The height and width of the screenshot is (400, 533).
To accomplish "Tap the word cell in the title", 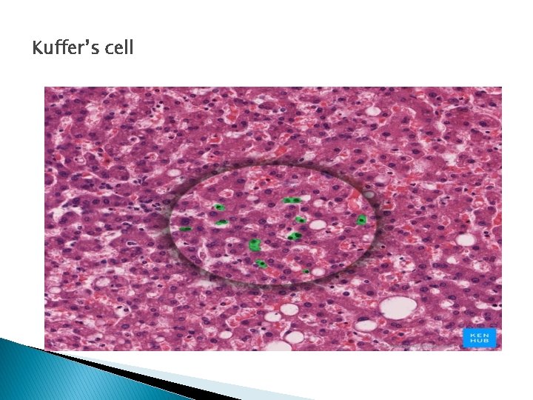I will click(118, 49).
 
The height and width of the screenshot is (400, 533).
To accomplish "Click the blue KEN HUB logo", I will click(478, 338).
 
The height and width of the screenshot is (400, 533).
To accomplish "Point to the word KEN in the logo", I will click(478, 334).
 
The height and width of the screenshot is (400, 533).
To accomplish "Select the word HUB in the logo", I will click(478, 341).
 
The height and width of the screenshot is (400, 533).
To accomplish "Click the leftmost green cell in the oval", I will click(185, 229).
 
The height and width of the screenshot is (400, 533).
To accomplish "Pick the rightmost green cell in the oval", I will click(361, 220).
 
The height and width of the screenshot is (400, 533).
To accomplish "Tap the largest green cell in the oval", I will click(255, 244).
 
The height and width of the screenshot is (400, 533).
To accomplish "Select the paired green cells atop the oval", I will click(292, 200).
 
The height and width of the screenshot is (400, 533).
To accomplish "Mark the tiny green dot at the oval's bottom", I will click(306, 271).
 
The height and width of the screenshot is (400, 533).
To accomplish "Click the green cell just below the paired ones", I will click(301, 219).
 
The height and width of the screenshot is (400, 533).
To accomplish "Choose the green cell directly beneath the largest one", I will click(261, 263).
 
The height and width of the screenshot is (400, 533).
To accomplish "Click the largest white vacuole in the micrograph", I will click(398, 307).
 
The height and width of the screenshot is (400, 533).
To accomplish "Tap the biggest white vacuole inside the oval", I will click(318, 224).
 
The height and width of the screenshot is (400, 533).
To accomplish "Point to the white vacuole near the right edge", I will click(466, 239).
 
